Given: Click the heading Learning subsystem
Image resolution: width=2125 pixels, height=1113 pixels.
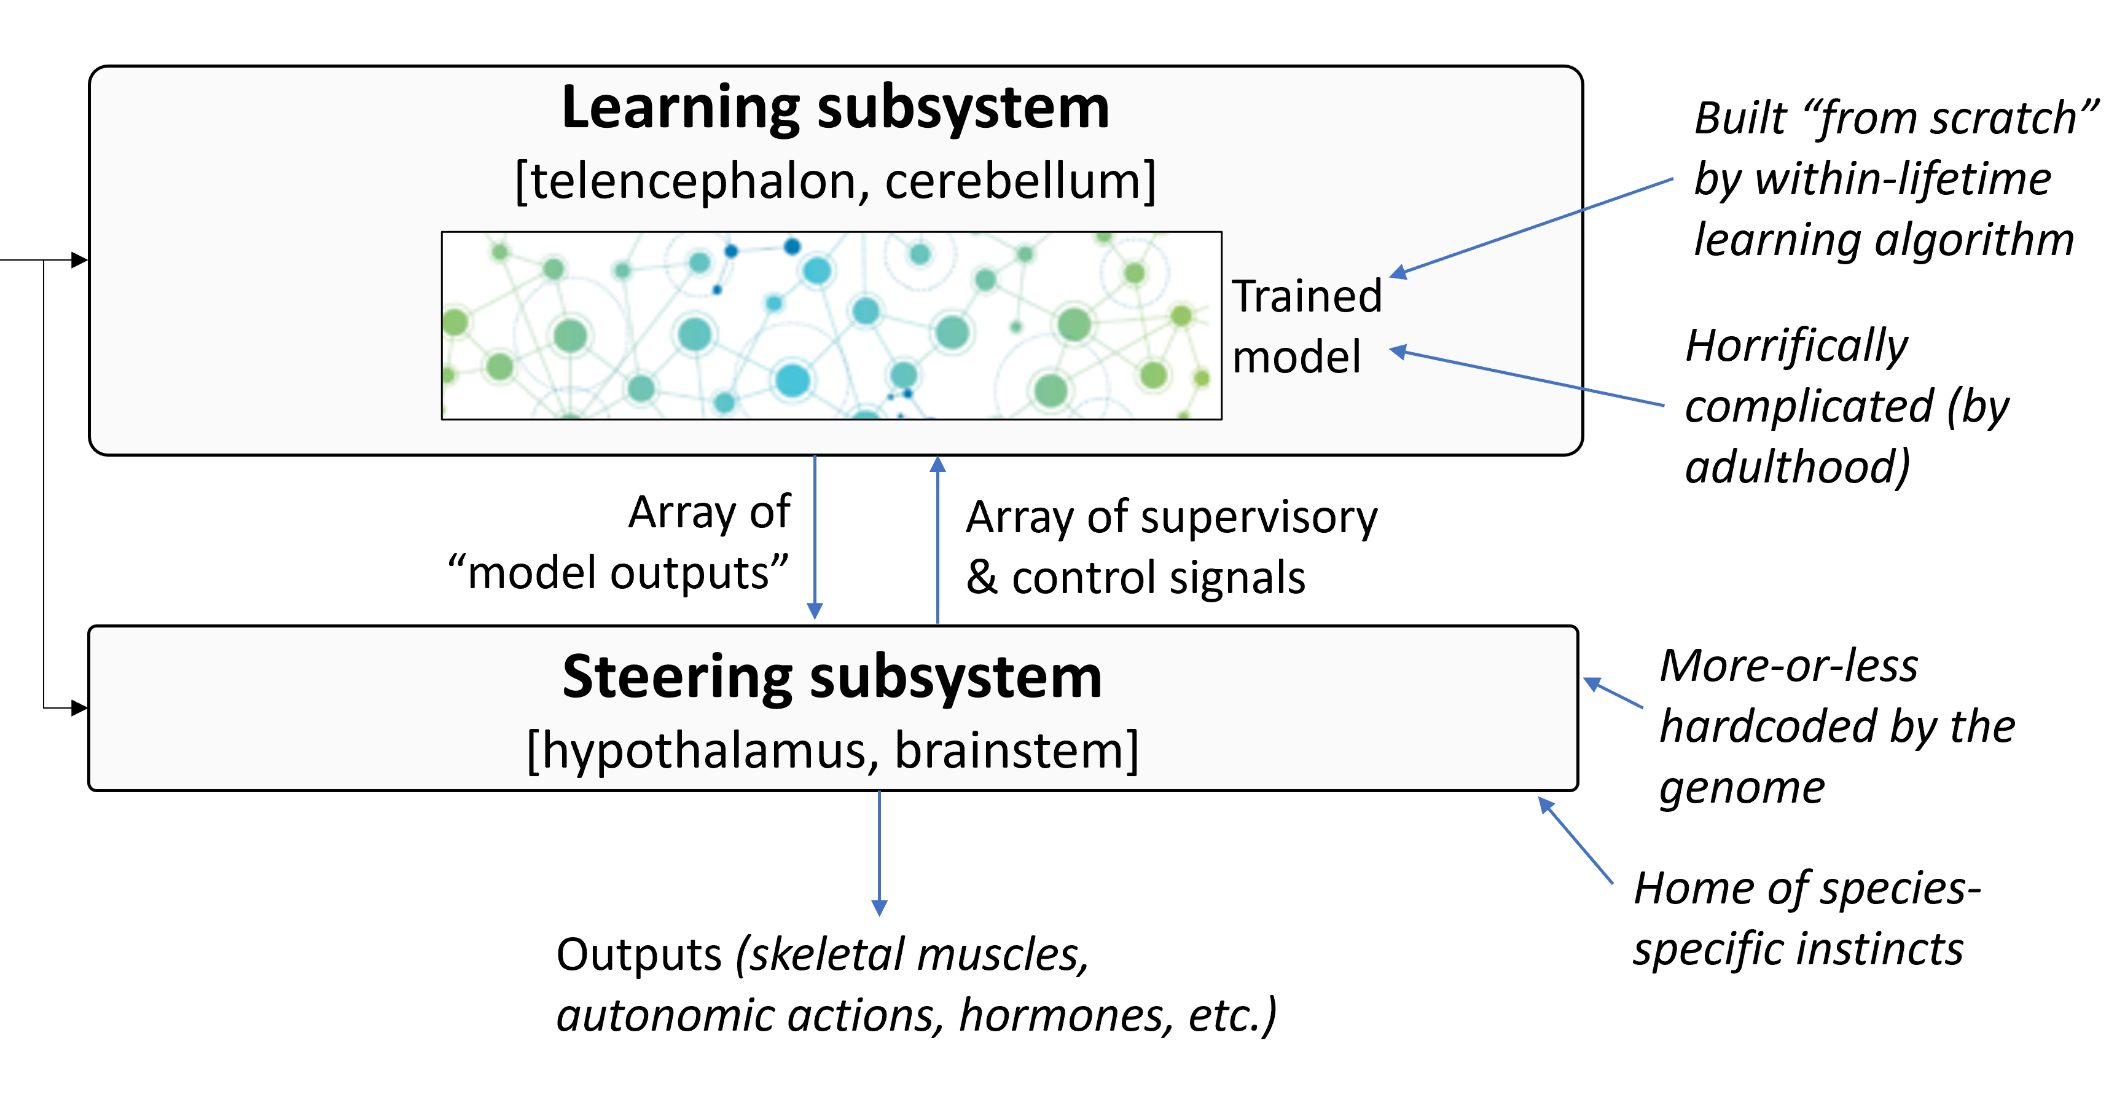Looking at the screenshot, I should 835,108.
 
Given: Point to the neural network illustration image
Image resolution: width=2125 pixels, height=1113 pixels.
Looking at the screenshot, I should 831,326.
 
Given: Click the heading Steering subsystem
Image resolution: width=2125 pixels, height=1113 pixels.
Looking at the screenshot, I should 832,677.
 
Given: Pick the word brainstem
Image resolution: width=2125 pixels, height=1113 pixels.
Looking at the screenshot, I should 1010,751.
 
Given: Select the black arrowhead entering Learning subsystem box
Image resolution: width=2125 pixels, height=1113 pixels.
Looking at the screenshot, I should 80,260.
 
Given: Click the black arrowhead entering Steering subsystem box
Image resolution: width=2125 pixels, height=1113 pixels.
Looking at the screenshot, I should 80,708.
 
